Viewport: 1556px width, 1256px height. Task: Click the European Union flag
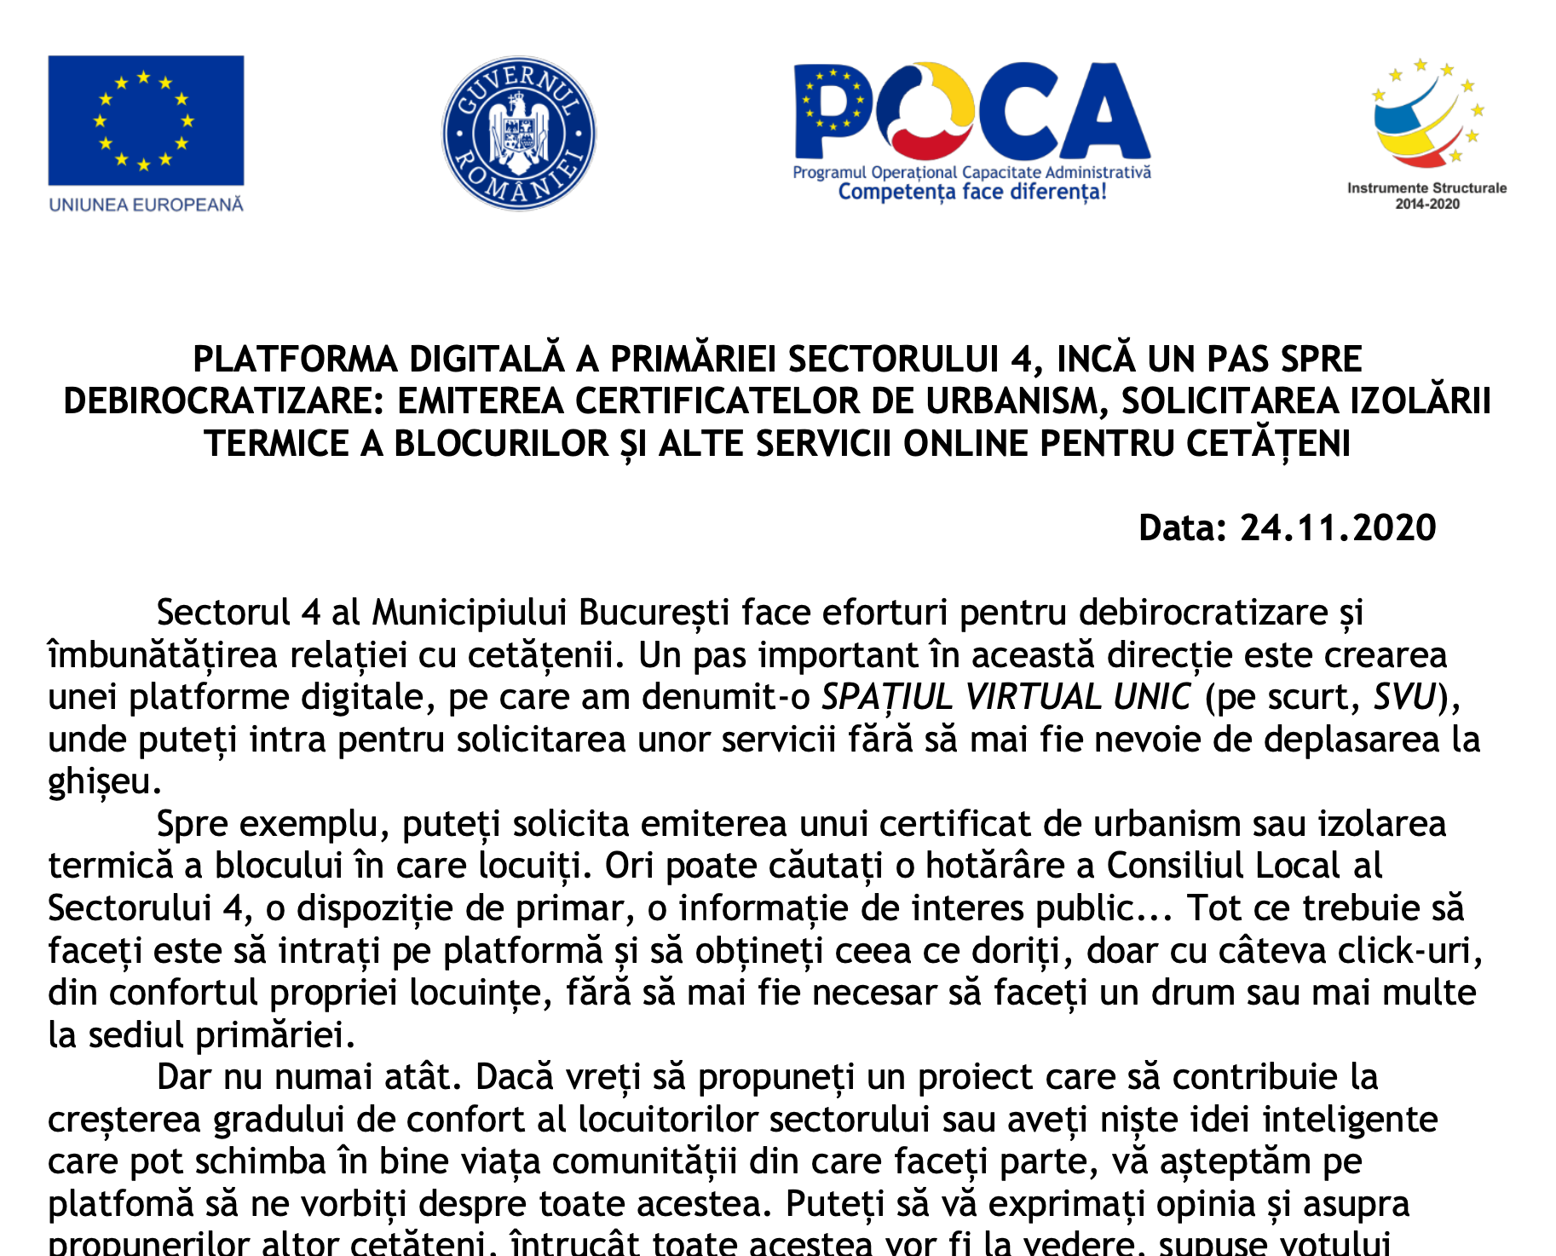[146, 120]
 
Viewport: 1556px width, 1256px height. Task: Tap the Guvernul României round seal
[519, 133]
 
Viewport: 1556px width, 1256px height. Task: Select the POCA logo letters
[971, 111]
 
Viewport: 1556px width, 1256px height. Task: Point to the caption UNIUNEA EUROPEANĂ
[146, 205]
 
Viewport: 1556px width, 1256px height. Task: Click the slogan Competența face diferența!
[972, 192]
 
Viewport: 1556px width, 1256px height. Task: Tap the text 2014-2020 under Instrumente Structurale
[1427, 205]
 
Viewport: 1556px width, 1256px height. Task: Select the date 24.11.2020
[1338, 528]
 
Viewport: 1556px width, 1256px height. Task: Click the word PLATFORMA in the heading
[295, 360]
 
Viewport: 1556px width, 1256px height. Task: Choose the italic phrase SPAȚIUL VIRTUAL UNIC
[1006, 697]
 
